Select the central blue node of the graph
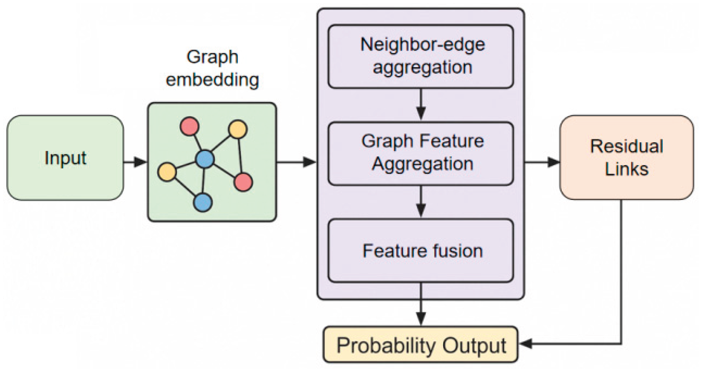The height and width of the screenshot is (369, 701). tap(205, 159)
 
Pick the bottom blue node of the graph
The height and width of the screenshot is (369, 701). tap(203, 202)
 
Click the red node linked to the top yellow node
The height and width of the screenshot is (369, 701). tap(243, 182)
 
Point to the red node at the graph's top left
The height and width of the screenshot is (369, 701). tap(190, 126)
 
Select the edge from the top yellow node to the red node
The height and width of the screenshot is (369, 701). tap(240, 155)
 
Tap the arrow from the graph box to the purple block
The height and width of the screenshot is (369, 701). tap(297, 162)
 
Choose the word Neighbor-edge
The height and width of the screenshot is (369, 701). tap(423, 44)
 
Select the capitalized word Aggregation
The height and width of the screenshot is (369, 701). tap(423, 164)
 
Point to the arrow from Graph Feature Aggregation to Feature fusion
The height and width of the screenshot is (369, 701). tap(421, 202)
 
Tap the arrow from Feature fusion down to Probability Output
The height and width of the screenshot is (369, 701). tap(421, 306)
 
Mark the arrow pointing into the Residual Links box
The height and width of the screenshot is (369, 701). tap(543, 162)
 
